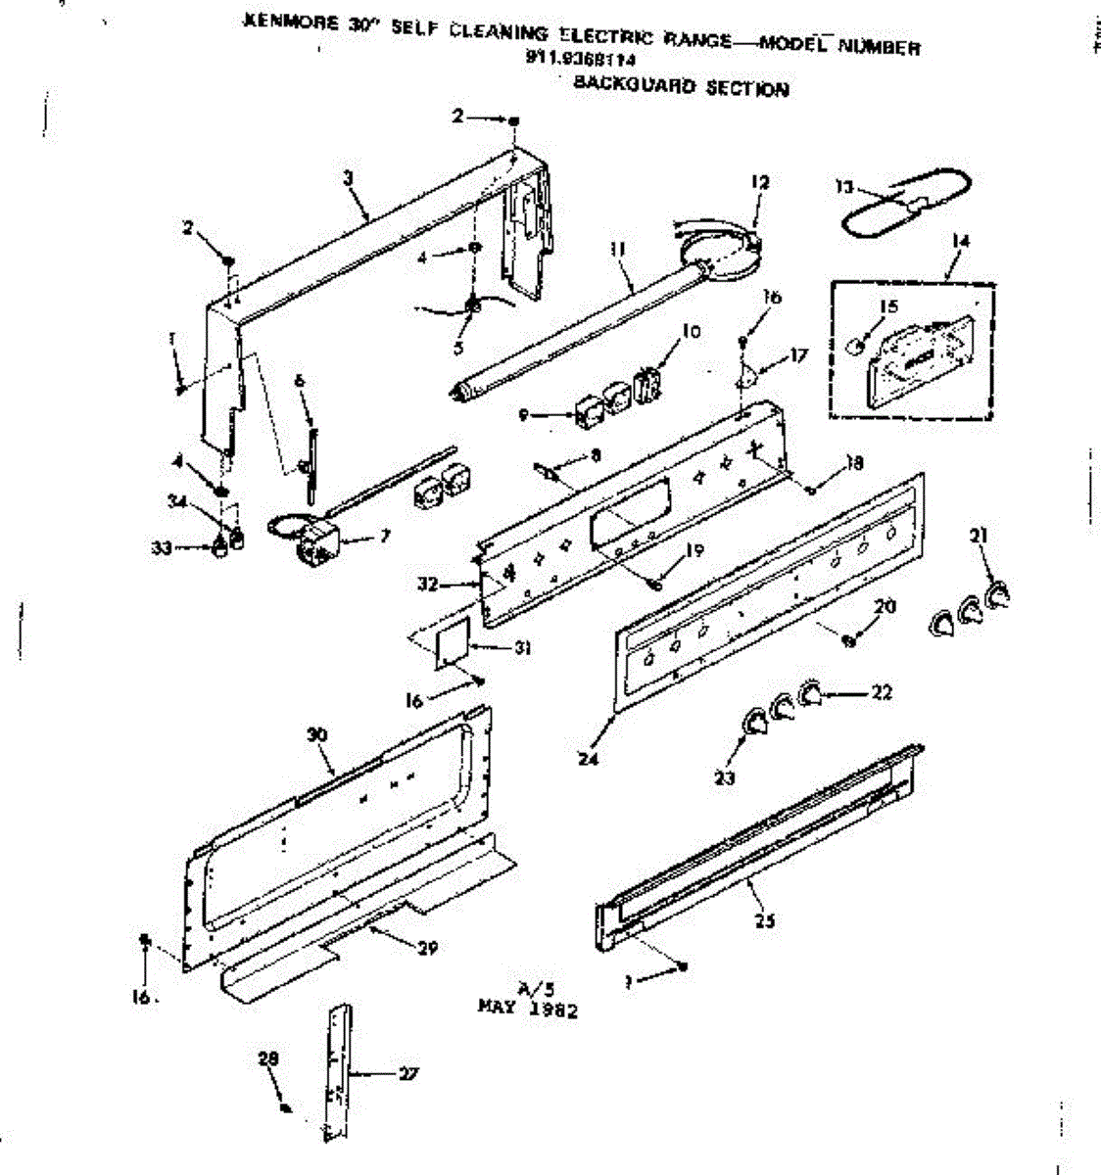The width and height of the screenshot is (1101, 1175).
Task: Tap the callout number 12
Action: point(760,181)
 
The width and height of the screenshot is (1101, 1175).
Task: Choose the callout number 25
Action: point(765,920)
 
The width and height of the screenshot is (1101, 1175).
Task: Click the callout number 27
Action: point(407,1074)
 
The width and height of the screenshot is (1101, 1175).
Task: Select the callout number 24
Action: point(589,757)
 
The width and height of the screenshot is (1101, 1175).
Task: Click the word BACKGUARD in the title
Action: point(618,85)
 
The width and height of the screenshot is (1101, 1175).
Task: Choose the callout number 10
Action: point(692,331)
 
